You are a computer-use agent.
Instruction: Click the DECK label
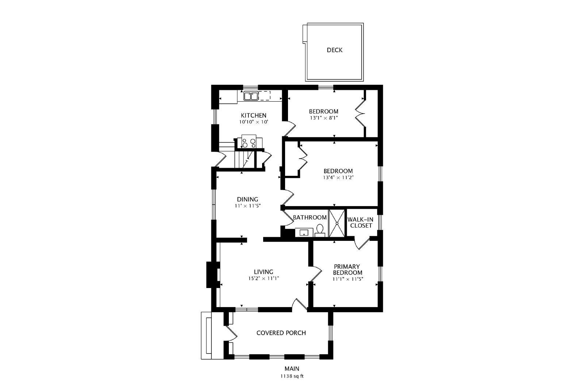pos(334,50)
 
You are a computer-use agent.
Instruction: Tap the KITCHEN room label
pos(253,116)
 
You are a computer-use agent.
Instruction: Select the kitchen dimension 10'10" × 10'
pos(254,122)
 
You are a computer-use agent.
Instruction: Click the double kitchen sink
pos(250,96)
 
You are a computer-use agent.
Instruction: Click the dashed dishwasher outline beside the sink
pos(264,96)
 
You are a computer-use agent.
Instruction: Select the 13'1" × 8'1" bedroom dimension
pos(324,118)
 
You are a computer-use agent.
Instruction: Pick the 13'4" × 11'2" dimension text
pos(338,178)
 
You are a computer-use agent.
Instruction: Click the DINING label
pos(247,200)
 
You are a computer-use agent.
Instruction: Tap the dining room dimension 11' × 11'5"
pos(248,206)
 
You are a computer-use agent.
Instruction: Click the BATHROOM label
pos(310,217)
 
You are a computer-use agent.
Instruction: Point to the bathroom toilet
pos(320,231)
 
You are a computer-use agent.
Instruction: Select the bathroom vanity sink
pos(304,232)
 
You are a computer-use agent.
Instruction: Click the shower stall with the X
pos(337,223)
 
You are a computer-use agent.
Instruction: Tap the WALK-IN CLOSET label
pos(361,222)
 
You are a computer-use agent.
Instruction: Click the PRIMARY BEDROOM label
pos(347,269)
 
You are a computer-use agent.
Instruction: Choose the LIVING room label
pos(264,272)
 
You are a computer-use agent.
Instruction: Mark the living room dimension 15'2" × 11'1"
pos(264,278)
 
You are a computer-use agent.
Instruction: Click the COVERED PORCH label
pos(281,333)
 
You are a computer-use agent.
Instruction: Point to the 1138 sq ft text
pos(292,376)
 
